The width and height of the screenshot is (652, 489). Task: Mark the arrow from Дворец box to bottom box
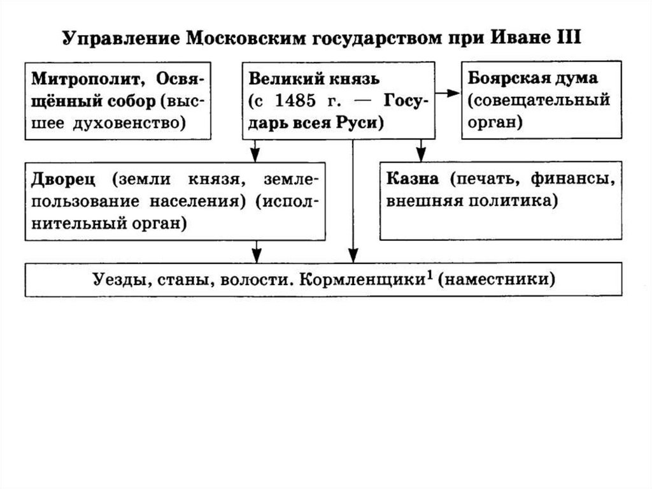point(256,251)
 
